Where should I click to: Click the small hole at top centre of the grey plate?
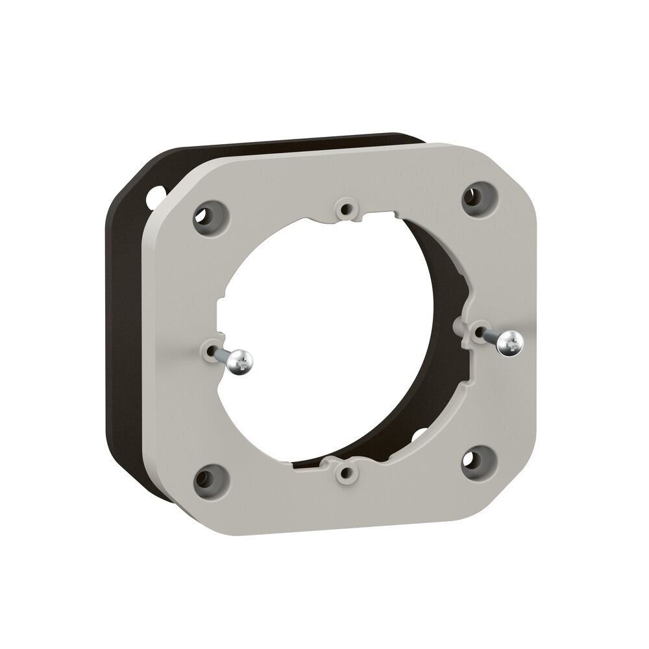click(x=345, y=209)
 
